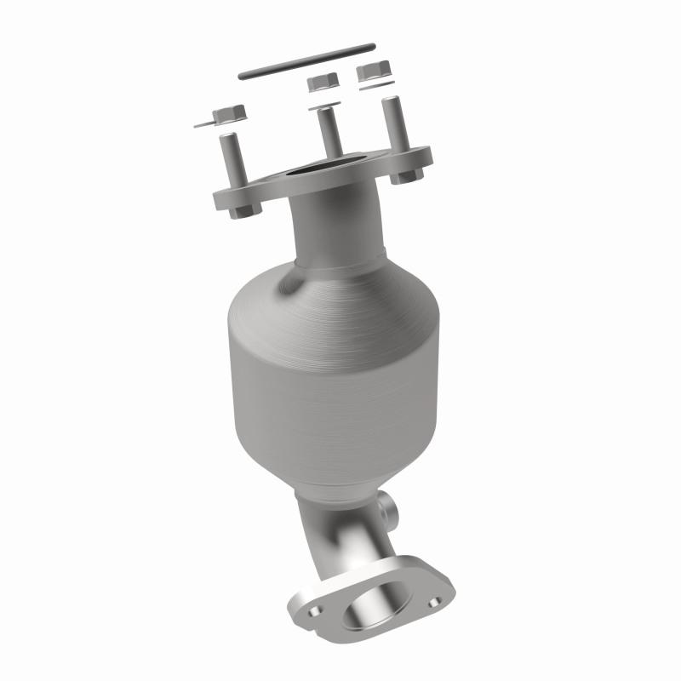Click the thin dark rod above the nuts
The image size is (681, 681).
pyautogui.click(x=306, y=60)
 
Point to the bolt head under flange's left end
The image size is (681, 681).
pyautogui.click(x=241, y=207)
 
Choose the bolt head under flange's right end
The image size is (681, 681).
pyautogui.click(x=408, y=176)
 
